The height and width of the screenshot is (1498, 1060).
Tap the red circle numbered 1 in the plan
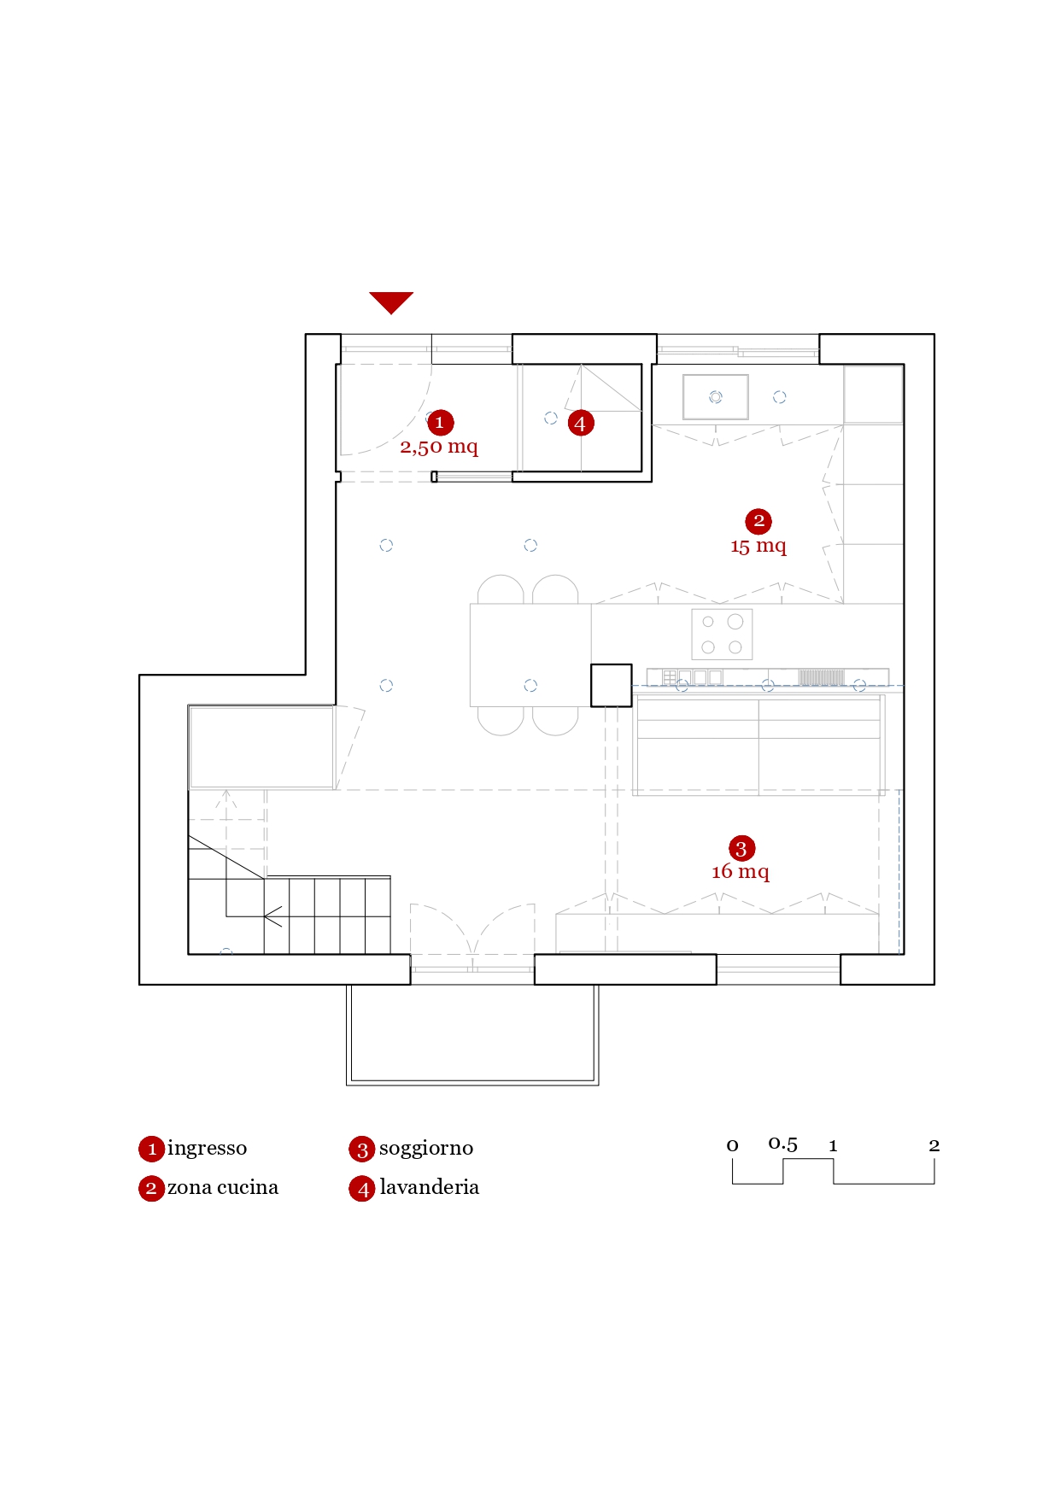[440, 422]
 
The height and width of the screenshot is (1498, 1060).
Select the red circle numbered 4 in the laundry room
[581, 423]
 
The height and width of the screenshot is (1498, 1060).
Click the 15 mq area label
[758, 547]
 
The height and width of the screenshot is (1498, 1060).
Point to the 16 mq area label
[741, 872]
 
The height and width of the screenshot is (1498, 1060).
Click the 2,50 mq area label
[439, 447]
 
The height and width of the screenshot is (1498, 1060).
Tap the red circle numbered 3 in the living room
[741, 848]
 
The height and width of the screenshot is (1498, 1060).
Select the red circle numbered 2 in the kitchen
[758, 521]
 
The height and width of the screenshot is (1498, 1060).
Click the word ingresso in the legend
[208, 1149]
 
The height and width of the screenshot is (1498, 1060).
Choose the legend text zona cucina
[223, 1187]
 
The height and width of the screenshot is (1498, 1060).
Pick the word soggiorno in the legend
[426, 1149]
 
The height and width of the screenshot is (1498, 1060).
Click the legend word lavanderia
[430, 1187]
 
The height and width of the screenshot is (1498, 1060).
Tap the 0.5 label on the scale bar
[783, 1144]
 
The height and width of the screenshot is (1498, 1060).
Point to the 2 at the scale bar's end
[934, 1145]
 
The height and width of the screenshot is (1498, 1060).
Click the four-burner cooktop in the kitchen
[722, 635]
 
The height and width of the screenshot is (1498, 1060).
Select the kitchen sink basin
[716, 397]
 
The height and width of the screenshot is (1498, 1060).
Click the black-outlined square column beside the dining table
[612, 686]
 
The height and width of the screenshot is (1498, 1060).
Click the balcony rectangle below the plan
[472, 1034]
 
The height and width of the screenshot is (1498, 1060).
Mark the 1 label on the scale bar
[833, 1146]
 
